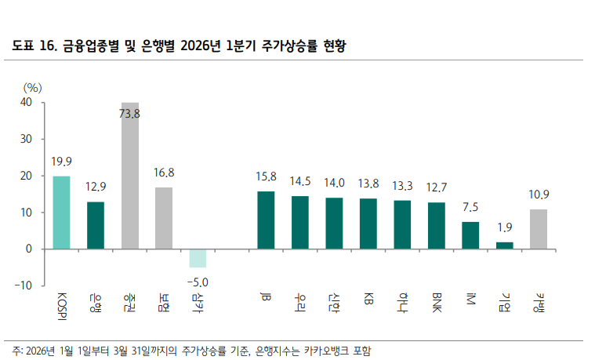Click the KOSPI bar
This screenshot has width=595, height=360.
(x=61, y=213)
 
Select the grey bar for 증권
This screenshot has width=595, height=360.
(x=129, y=176)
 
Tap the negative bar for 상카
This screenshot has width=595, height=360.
(x=198, y=258)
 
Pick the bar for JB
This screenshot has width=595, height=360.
(x=266, y=220)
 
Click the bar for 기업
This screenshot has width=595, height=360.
(x=504, y=245)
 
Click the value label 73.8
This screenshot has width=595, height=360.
(x=129, y=114)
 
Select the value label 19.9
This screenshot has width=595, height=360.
(x=61, y=162)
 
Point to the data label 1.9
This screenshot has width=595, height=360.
(x=504, y=228)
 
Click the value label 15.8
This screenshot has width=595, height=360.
(x=266, y=177)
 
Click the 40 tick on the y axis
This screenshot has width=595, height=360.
(x=27, y=102)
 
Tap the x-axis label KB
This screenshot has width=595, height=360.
(x=368, y=298)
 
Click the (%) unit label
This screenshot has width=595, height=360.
(x=32, y=86)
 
